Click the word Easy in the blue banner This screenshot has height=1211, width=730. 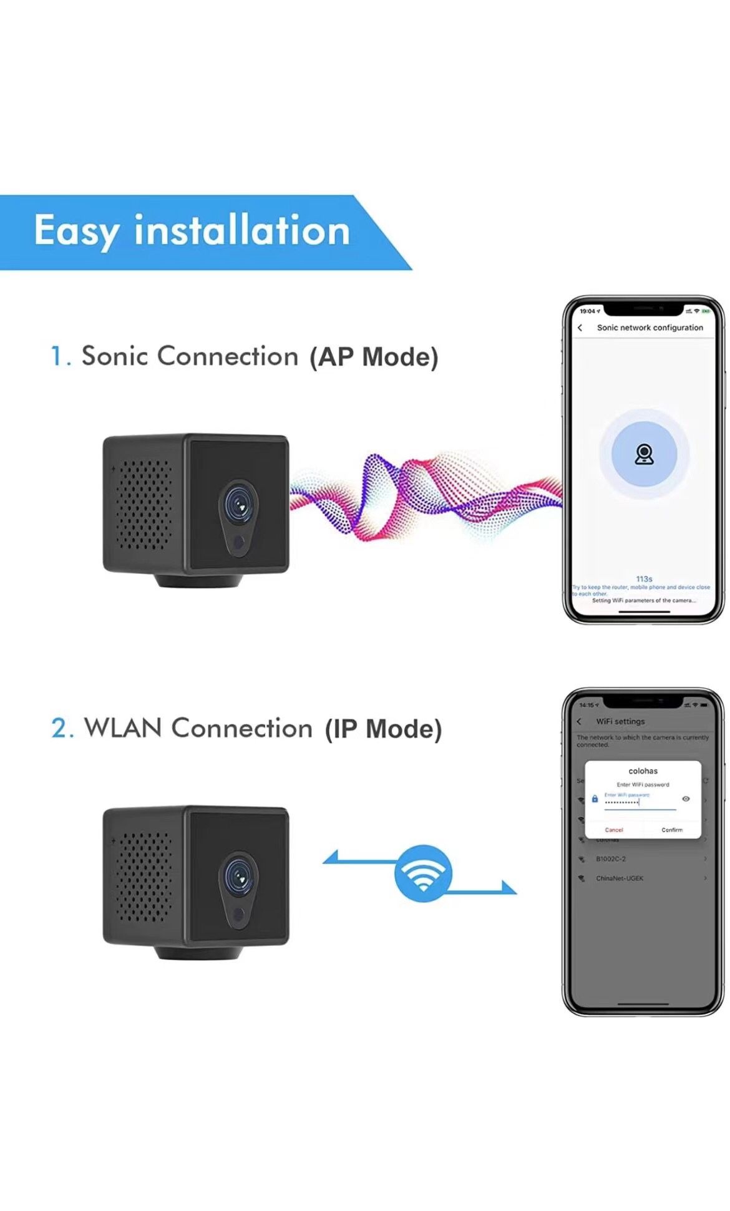pyautogui.click(x=76, y=231)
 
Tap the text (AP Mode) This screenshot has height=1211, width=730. pyautogui.click(x=374, y=357)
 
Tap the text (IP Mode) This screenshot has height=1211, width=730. pyautogui.click(x=382, y=729)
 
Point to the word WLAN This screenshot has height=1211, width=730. pyautogui.click(x=123, y=728)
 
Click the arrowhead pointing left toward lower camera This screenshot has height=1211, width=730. pyautogui.click(x=331, y=858)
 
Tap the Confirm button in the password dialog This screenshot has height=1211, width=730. pyautogui.click(x=671, y=830)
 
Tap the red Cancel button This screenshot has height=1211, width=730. pyautogui.click(x=613, y=830)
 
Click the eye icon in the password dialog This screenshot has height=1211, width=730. pyautogui.click(x=686, y=799)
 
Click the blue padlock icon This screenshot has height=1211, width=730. pyautogui.click(x=594, y=799)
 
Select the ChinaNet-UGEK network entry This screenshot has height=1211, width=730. pyautogui.click(x=619, y=878)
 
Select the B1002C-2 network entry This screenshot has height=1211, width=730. pyautogui.click(x=610, y=859)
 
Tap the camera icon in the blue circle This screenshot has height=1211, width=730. pyautogui.click(x=644, y=454)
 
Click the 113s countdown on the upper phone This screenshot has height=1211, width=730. pyautogui.click(x=644, y=579)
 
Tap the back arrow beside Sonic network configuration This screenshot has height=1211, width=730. pyautogui.click(x=580, y=328)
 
